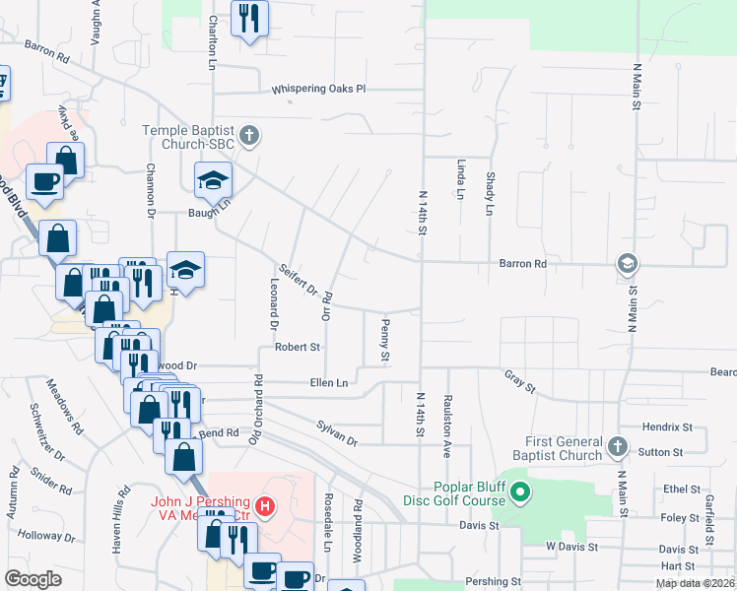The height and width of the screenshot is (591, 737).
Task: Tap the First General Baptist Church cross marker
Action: [618, 447]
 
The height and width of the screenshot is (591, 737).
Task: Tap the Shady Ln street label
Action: [490, 193]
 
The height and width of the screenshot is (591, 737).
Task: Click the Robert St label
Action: [298, 347]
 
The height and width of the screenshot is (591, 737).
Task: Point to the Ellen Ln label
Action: [329, 382]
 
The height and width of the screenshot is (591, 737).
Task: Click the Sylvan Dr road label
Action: [337, 430]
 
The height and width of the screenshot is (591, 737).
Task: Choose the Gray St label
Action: [519, 381]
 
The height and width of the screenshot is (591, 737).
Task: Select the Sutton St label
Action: [662, 452]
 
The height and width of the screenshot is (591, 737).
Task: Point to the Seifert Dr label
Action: [298, 282]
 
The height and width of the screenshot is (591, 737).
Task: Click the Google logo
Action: [33, 579]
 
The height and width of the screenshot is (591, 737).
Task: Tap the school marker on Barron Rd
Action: [626, 264]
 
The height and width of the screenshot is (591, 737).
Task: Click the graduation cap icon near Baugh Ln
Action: [211, 179]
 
